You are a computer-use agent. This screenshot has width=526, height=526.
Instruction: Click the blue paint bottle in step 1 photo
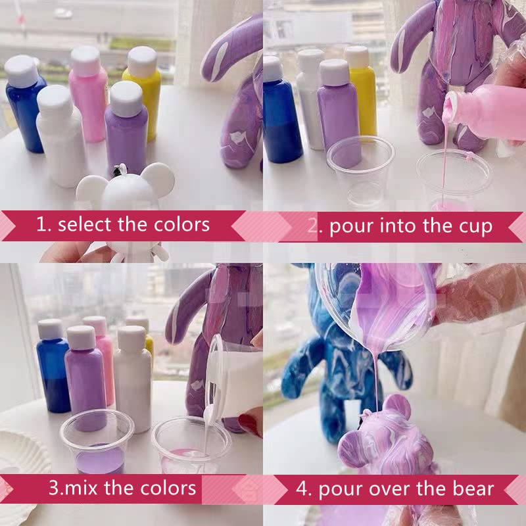click(24, 103)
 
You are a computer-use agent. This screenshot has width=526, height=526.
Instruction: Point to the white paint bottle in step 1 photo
click(60, 136)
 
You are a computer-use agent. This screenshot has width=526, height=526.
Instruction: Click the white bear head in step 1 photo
click(125, 189)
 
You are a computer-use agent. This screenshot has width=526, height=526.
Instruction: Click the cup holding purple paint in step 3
click(97, 442)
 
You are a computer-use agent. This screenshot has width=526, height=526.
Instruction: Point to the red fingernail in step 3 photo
click(251, 421)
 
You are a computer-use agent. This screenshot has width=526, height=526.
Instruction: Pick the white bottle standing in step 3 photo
click(133, 379)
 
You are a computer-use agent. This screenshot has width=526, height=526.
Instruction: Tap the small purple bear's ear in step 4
click(397, 407)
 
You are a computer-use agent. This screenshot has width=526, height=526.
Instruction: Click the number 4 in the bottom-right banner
click(302, 489)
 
